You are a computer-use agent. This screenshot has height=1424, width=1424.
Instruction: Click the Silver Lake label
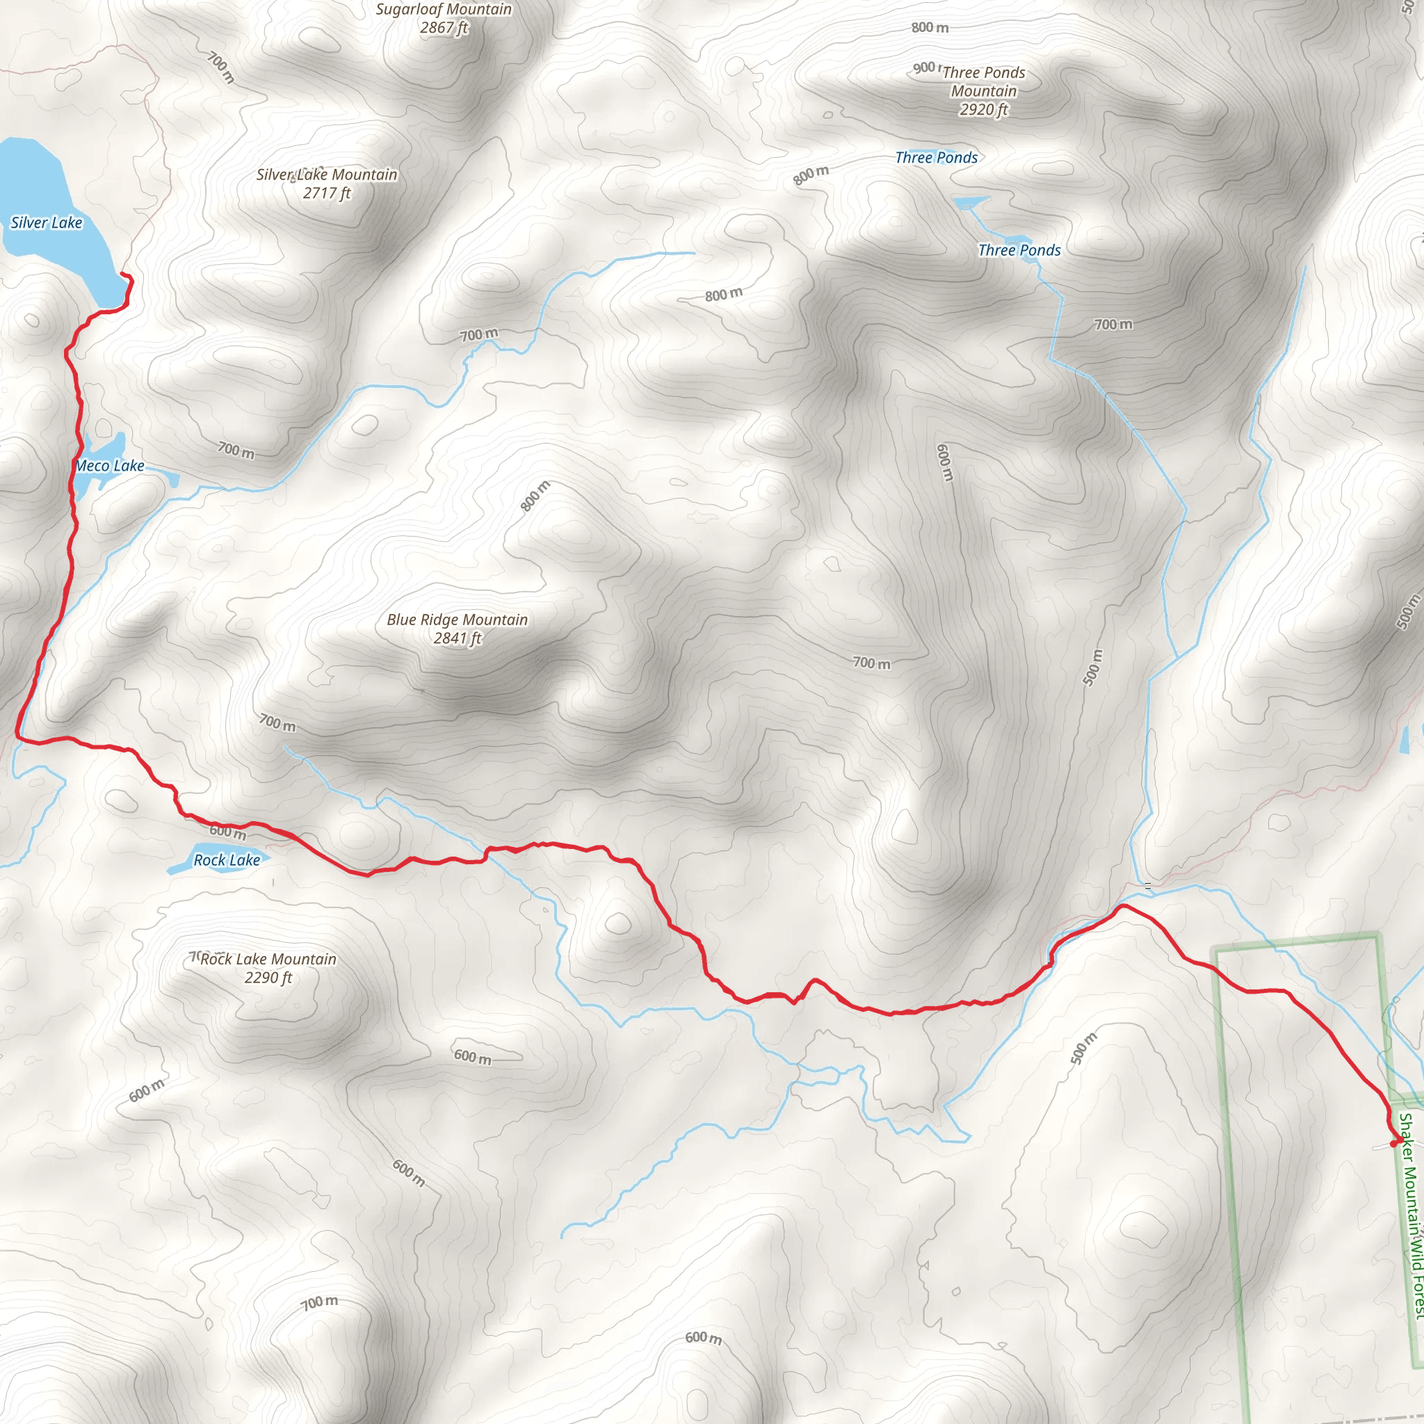[x=47, y=222]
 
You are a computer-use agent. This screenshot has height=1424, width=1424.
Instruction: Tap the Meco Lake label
[x=110, y=466]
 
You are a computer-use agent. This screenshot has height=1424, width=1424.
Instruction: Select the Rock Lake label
[x=226, y=860]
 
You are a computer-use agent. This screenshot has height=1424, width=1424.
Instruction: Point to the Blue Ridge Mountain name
[x=457, y=620]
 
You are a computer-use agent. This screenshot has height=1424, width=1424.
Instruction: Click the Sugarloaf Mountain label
[x=443, y=10]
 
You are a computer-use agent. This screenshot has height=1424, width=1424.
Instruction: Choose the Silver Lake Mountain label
[x=327, y=175]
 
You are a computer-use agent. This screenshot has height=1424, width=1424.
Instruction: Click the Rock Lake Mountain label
[x=268, y=959]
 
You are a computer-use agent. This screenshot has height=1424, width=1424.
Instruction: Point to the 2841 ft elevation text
[x=457, y=638]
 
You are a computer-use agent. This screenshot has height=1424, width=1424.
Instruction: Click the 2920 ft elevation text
[x=983, y=110]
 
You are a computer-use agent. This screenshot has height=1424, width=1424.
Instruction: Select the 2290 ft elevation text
[x=268, y=978]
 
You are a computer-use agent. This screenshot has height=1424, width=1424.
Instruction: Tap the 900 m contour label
[x=923, y=68]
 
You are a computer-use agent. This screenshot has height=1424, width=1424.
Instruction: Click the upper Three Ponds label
[x=936, y=158]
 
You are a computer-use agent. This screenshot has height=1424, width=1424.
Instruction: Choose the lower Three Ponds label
[x=1019, y=250]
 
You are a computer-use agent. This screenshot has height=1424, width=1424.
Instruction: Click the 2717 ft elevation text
[x=327, y=193]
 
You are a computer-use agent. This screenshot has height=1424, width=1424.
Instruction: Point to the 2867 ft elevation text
[x=443, y=28]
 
